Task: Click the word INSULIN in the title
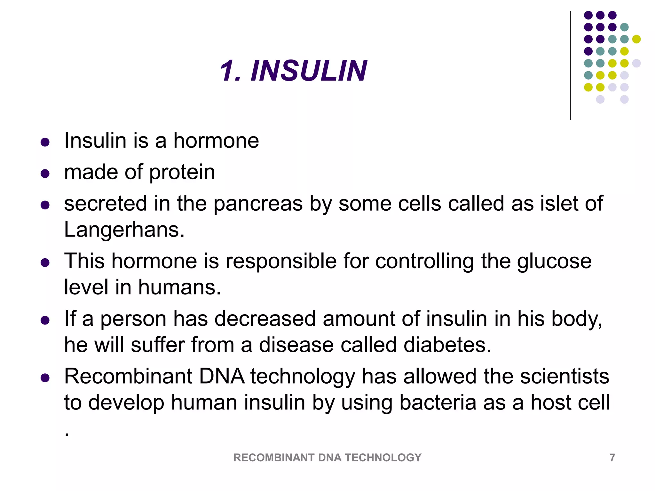pyautogui.click(x=309, y=71)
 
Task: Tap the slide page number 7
pyautogui.click(x=612, y=457)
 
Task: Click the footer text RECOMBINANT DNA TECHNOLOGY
pyautogui.click(x=327, y=457)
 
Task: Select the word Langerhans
pyautogui.click(x=124, y=230)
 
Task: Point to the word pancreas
pyautogui.click(x=258, y=204)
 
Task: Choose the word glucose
pyautogui.click(x=554, y=261)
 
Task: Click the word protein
pyautogui.click(x=182, y=173)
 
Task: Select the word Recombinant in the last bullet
pyautogui.click(x=128, y=376)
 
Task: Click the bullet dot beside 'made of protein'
pyautogui.click(x=45, y=174)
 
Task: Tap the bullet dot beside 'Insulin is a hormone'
pyautogui.click(x=45, y=142)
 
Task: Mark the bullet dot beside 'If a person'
pyautogui.click(x=45, y=320)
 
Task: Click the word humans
pyautogui.click(x=179, y=287)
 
